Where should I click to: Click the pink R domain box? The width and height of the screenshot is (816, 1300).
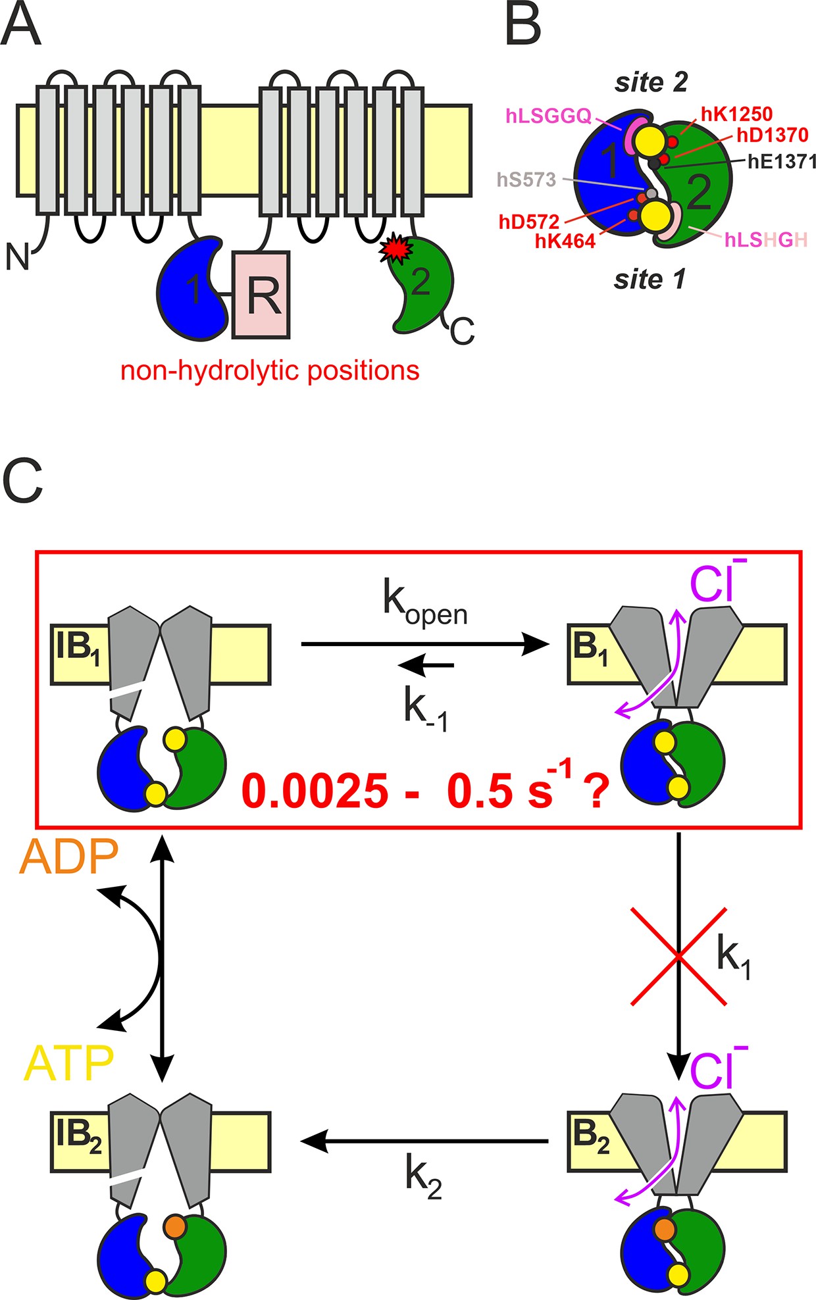point(261,294)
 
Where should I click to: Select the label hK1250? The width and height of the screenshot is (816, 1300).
point(736,114)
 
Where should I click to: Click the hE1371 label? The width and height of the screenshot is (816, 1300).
point(782,161)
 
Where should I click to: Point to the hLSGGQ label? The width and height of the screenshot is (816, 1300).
point(549,116)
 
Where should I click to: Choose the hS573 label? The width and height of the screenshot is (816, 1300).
point(526,180)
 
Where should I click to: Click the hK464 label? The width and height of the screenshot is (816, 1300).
point(565,241)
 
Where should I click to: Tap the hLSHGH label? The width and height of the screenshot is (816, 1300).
point(765,240)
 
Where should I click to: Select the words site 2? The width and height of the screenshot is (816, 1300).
point(651,82)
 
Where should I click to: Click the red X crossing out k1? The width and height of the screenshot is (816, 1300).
point(678,956)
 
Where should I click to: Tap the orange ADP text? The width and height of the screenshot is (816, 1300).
point(68,857)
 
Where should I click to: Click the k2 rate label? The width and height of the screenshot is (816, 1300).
point(423,1176)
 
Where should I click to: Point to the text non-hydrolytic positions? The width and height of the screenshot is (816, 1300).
point(270,371)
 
